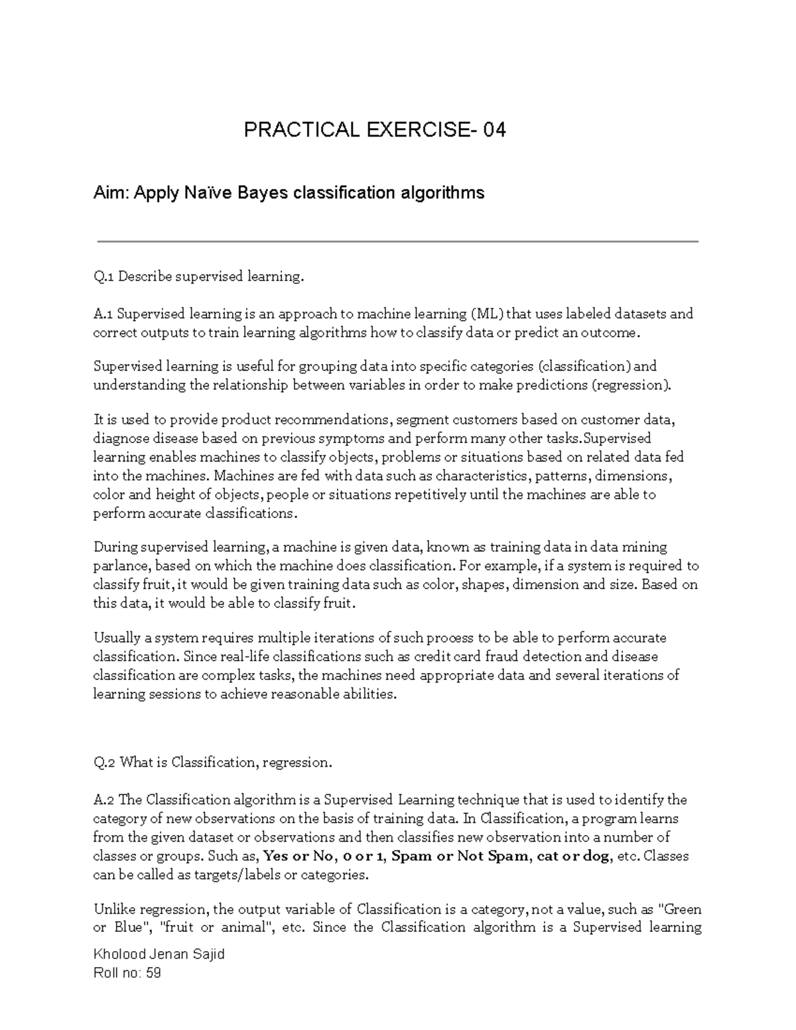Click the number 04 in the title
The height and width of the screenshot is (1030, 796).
click(x=494, y=130)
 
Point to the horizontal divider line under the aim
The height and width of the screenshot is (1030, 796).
click(x=398, y=242)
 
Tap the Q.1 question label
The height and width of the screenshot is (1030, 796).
click(x=104, y=277)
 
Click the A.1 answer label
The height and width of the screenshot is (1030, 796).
click(x=103, y=314)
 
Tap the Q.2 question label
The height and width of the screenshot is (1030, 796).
click(x=105, y=763)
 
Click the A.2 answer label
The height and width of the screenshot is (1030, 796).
click(x=104, y=800)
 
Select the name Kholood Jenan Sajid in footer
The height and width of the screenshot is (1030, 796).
click(x=159, y=954)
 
